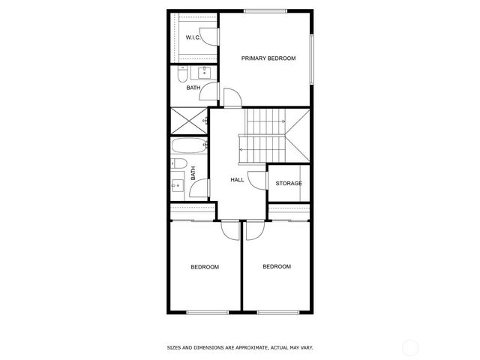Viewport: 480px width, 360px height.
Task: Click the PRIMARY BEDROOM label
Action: click(x=268, y=58)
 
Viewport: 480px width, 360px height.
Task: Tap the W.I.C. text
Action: click(x=192, y=37)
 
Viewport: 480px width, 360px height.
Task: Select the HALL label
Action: click(x=237, y=179)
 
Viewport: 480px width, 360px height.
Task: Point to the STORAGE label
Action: click(x=289, y=183)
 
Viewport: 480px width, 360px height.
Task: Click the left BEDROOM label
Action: click(x=204, y=267)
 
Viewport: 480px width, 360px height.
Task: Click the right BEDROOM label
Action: click(x=276, y=266)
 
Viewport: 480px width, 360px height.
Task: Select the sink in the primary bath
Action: click(x=202, y=73)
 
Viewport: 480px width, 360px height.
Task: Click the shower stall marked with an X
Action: click(x=187, y=121)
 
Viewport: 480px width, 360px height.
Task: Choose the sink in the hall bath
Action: click(x=178, y=183)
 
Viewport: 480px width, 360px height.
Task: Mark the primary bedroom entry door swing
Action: click(x=232, y=97)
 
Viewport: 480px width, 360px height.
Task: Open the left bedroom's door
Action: click(x=229, y=229)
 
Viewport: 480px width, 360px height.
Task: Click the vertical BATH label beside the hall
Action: click(x=193, y=173)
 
